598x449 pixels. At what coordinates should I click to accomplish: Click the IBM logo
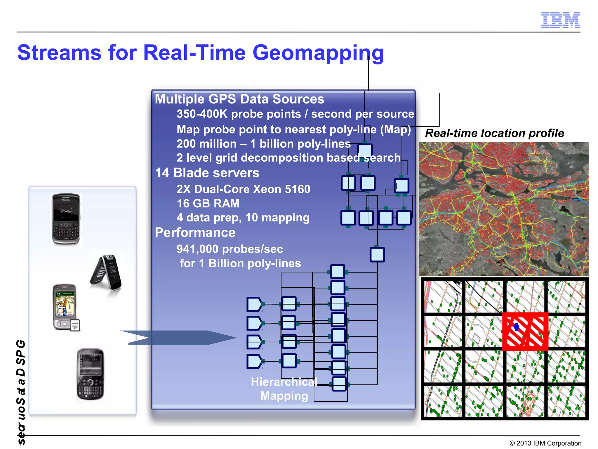point(560,20)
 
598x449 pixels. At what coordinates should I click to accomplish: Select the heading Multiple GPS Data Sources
point(239,99)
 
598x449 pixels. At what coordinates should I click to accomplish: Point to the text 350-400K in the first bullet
point(202,114)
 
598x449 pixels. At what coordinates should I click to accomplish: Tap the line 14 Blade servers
point(207,173)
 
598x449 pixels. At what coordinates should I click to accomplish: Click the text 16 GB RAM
point(208,203)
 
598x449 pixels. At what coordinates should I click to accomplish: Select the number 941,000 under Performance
point(197,249)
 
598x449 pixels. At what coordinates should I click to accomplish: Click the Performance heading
point(195,233)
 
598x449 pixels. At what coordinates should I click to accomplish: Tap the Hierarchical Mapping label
point(284,389)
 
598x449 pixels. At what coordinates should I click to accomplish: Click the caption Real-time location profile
point(494,133)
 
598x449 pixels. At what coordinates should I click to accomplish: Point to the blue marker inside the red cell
point(516,327)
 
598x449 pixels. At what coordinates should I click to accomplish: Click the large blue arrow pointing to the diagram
point(178,338)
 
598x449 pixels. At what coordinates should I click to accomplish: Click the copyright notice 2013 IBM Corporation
point(545,443)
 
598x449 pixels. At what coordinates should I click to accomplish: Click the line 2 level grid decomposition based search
point(288,158)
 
